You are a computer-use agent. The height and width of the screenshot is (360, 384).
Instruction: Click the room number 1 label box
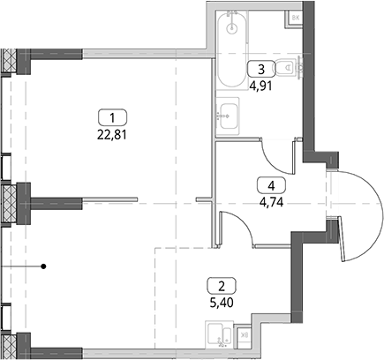[112, 117]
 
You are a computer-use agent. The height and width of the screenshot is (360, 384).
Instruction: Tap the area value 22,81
[112, 135]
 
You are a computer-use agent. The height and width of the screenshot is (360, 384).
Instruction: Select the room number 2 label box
[222, 285]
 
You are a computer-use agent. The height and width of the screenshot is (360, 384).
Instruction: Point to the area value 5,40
[222, 303]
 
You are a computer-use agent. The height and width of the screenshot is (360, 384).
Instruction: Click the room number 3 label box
[261, 69]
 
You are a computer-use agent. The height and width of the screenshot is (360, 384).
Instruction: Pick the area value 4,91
[260, 86]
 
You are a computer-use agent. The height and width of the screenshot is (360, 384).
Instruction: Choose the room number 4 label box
[271, 185]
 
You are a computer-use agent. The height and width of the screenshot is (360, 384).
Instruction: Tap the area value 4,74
[271, 202]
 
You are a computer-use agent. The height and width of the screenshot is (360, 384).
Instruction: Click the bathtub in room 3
[231, 49]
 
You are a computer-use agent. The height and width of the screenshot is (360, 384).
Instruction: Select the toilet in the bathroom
[288, 68]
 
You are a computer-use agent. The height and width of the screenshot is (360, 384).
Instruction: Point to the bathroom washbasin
[228, 116]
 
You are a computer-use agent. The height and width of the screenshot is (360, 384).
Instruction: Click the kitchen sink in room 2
[219, 334]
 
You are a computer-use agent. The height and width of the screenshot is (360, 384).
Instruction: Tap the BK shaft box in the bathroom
[295, 19]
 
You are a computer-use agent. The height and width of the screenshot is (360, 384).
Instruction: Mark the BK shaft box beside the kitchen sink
[244, 334]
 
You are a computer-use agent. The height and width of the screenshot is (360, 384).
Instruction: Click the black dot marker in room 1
[43, 266]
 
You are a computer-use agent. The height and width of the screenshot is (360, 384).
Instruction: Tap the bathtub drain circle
[232, 28]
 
